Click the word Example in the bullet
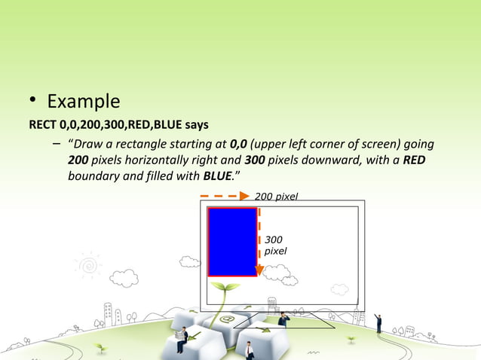tap(83, 102)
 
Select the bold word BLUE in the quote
tap(219, 177)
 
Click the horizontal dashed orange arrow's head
tap(244, 196)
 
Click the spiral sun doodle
tap(89, 265)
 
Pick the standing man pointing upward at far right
tap(378, 323)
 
